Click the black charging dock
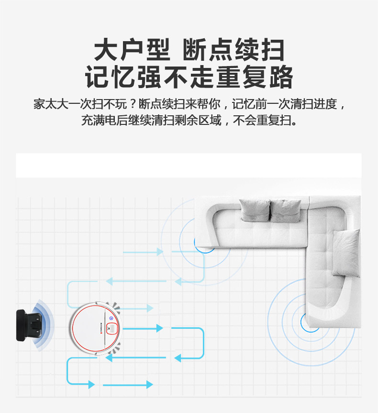(x=28, y=325)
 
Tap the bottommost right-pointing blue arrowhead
(x=149, y=385)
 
